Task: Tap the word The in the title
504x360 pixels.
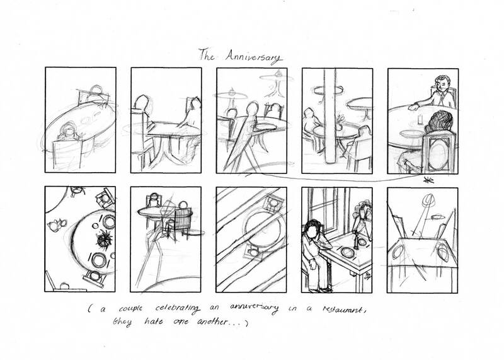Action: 207,55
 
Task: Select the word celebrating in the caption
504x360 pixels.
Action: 178,308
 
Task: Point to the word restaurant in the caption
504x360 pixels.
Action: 343,310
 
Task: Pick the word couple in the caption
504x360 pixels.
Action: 130,308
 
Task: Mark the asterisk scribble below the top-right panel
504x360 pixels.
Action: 428,180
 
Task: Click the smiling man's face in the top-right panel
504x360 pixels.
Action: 441,83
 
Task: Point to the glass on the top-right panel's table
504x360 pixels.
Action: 420,119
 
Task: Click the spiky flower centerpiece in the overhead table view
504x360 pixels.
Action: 104,240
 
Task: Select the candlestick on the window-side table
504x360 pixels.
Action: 355,240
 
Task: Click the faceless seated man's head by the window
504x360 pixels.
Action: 310,229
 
